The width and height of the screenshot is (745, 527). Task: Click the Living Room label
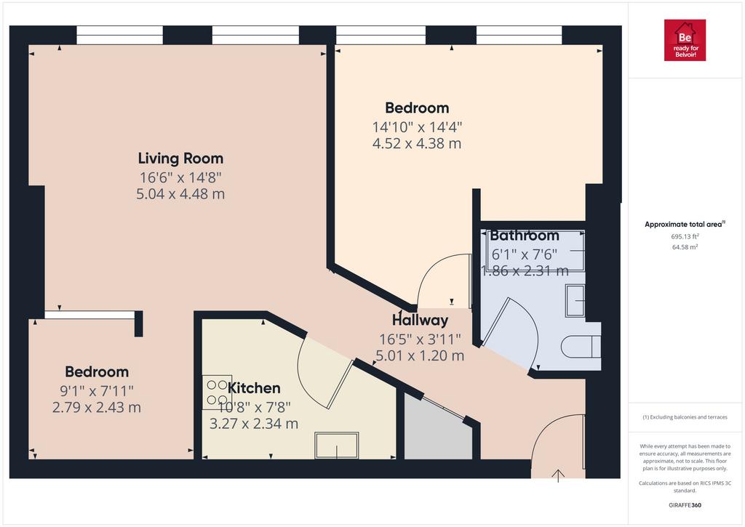coord(180,158)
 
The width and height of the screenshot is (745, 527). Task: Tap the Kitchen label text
coord(254,388)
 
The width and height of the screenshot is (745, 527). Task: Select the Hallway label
coord(420,321)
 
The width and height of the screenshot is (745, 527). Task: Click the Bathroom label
coord(525,235)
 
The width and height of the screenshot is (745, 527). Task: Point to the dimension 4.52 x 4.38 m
coord(417,143)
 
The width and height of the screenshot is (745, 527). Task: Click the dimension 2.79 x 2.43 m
coord(97,407)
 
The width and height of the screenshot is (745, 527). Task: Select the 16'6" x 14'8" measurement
coord(180,177)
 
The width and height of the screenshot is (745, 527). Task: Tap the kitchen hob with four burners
coord(217,393)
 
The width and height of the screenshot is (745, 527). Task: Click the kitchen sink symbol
coord(337,445)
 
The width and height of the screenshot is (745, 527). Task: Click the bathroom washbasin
coord(575,300)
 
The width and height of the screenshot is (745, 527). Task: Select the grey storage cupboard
coord(437,429)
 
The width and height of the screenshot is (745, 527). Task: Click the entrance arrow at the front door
coord(558,475)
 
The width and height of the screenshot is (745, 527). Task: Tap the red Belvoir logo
coord(685,40)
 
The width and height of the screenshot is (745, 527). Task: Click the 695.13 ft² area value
coord(685,236)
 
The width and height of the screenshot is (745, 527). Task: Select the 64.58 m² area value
coord(685,247)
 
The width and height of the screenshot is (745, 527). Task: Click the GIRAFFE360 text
coord(685,505)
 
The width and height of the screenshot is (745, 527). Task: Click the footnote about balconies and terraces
coord(685,417)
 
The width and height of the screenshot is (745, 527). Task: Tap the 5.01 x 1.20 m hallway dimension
coord(420,355)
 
